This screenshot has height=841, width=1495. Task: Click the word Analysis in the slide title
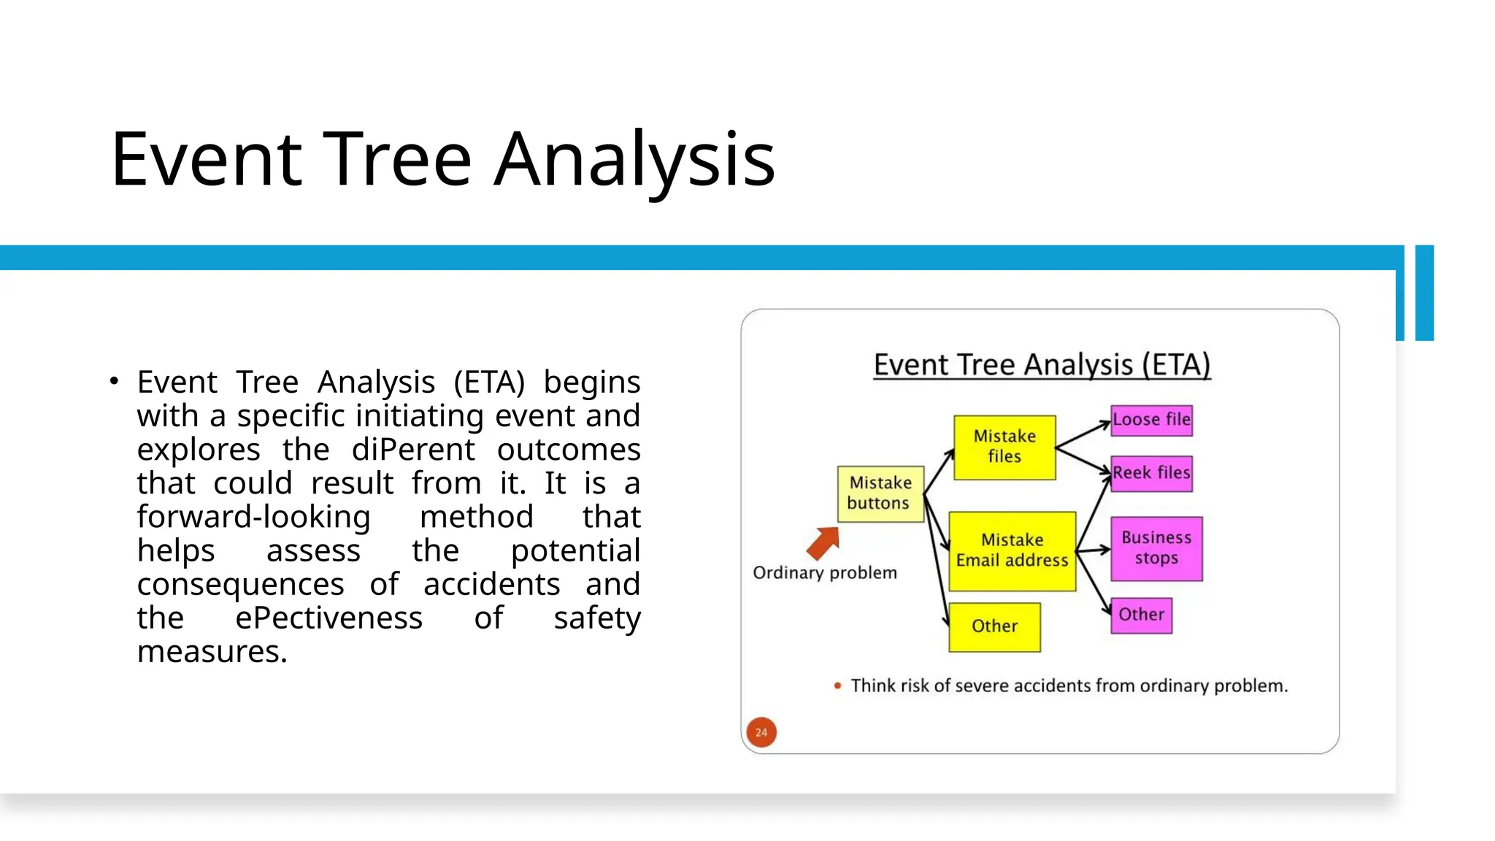[634, 159]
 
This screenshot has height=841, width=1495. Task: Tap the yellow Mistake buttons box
[880, 494]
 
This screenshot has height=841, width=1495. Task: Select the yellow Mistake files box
[1004, 447]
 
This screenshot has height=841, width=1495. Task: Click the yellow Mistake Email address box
[1012, 550]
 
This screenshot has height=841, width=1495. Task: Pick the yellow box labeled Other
[994, 626]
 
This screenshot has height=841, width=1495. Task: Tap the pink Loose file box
[1151, 420]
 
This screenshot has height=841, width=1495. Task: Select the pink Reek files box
[1151, 473]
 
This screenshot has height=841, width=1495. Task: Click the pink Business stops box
[1156, 548]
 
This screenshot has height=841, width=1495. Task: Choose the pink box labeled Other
[1141, 615]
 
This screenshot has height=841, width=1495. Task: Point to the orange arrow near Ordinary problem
[823, 542]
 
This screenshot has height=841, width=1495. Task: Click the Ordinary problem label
[825, 573]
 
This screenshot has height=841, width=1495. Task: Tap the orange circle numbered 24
[761, 731]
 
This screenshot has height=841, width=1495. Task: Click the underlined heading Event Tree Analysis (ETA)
[1042, 365]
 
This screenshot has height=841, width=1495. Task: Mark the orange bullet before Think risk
[837, 686]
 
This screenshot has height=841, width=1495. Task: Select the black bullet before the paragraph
[113, 381]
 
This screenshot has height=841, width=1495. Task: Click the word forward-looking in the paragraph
[253, 517]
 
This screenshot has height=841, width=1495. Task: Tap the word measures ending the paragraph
[212, 651]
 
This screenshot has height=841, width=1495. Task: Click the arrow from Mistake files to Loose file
[1083, 434]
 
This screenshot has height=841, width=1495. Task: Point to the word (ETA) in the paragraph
[488, 382]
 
